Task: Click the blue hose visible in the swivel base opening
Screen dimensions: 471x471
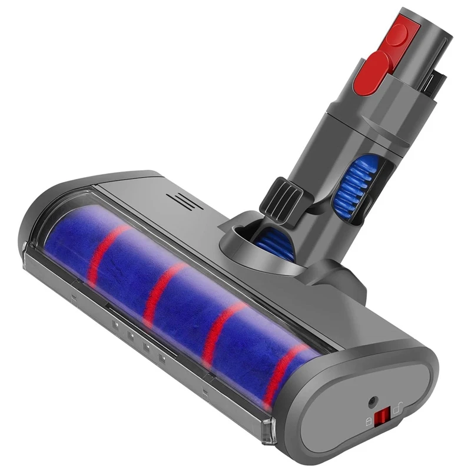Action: point(276,239)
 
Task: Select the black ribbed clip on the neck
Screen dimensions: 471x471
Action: point(287,194)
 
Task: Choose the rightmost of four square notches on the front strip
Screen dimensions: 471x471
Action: point(160,357)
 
